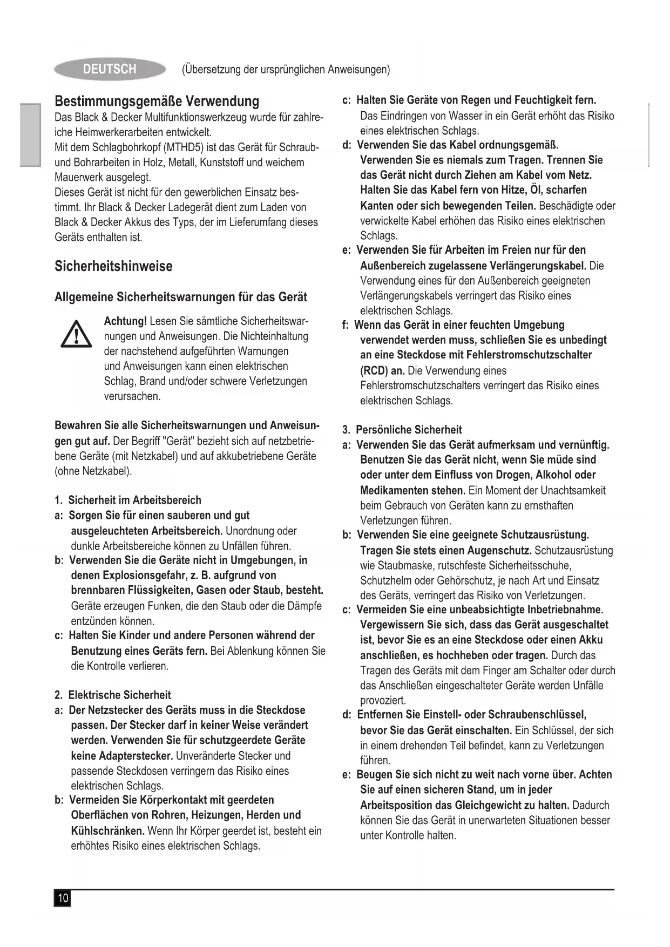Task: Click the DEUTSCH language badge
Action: click(x=110, y=69)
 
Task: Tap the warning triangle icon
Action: click(x=77, y=334)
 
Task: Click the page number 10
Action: click(x=63, y=898)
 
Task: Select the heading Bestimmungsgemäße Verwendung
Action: click(x=157, y=101)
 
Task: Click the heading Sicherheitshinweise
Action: click(x=113, y=266)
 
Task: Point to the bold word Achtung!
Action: click(x=125, y=321)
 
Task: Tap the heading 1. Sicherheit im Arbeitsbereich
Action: click(x=128, y=500)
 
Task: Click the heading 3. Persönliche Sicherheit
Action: click(x=402, y=430)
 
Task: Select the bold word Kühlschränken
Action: click(x=107, y=830)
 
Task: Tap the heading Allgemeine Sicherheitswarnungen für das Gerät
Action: click(x=181, y=297)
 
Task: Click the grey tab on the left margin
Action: click(x=31, y=134)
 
